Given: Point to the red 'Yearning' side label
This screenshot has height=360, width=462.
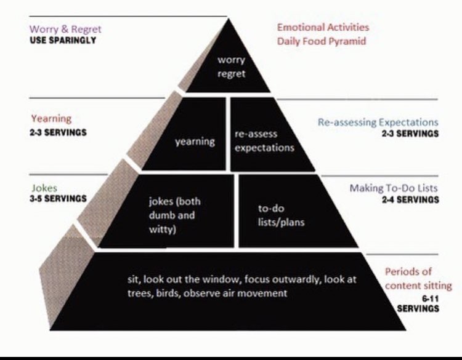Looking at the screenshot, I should pyautogui.click(x=51, y=118).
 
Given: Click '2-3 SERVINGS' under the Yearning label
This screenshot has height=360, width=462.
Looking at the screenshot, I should pyautogui.click(x=58, y=132).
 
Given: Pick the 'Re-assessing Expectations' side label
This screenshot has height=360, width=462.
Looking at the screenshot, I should pyautogui.click(x=378, y=122).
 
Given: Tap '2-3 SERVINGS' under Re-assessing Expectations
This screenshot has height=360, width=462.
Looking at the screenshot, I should pyautogui.click(x=410, y=134).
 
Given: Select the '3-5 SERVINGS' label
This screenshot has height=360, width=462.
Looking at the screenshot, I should pyautogui.click(x=58, y=199).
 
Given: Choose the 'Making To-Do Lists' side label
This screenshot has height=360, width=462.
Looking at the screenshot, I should pyautogui.click(x=394, y=188).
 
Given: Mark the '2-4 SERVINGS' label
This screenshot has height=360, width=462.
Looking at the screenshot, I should pyautogui.click(x=410, y=199).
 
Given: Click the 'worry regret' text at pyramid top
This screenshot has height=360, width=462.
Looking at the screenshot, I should pyautogui.click(x=232, y=67).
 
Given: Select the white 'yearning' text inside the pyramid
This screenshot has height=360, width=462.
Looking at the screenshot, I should pyautogui.click(x=195, y=141).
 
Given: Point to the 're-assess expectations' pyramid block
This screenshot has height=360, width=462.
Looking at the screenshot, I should pyautogui.click(x=265, y=141).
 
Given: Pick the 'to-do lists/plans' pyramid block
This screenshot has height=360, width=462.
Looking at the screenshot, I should pyautogui.click(x=280, y=215).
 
